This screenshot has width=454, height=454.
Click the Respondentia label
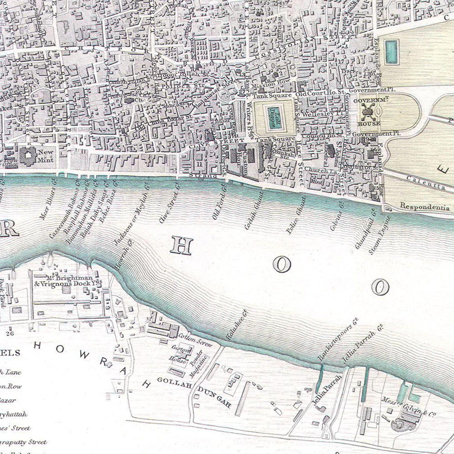click(425, 207)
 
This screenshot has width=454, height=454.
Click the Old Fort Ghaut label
click(219, 206)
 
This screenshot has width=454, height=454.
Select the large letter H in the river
click(181, 246)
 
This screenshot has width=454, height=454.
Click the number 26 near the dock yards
click(10, 333)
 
